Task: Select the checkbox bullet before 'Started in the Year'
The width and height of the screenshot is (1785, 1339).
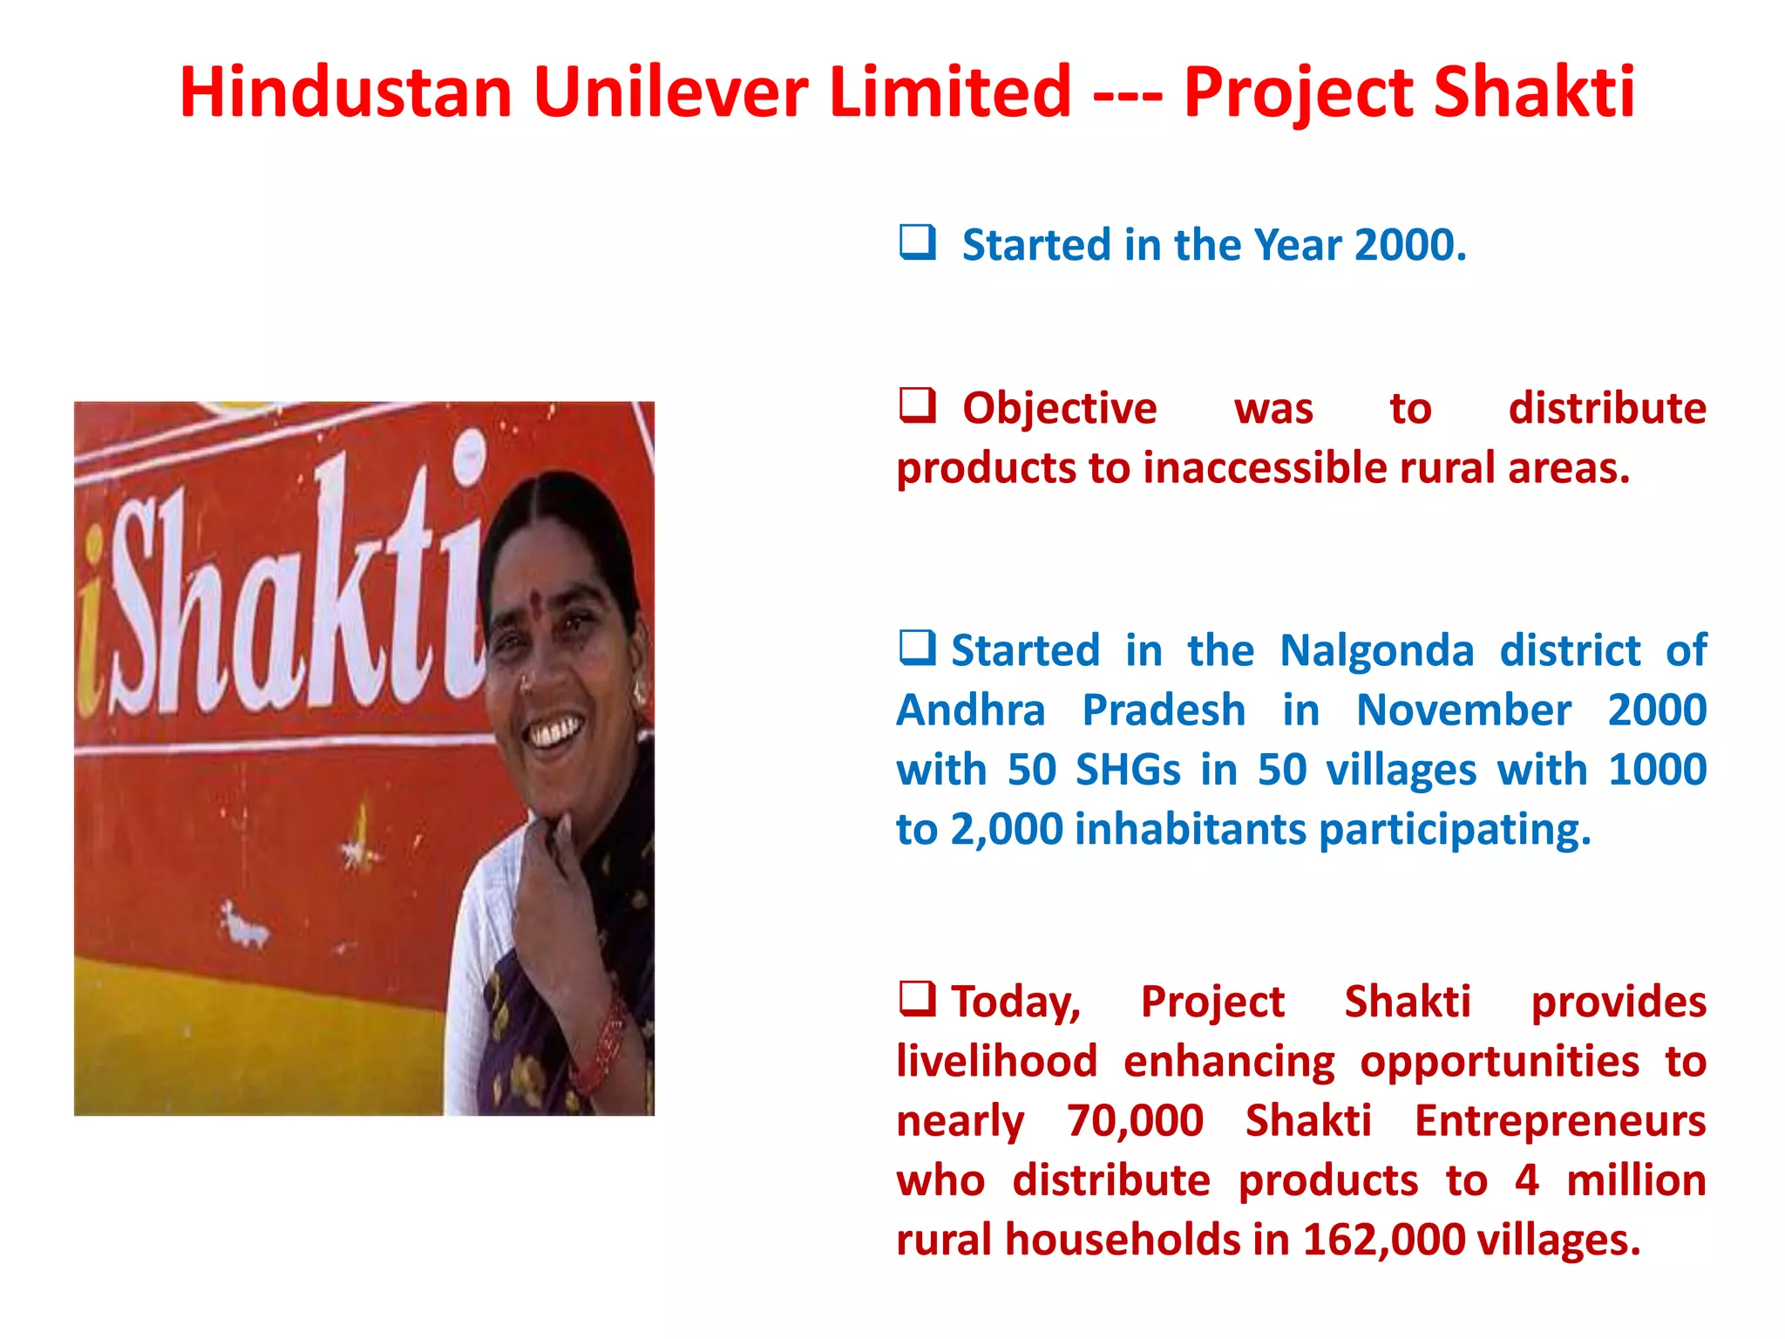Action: pyautogui.click(x=917, y=242)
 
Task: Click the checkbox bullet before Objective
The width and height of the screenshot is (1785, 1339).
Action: pyautogui.click(x=917, y=405)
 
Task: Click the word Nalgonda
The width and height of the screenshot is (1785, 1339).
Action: pyautogui.click(x=1376, y=650)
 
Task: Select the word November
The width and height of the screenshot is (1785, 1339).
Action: pyautogui.click(x=1463, y=710)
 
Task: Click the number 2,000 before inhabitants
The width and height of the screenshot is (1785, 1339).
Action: pyautogui.click(x=1006, y=829)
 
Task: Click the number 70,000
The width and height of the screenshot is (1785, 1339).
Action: pyautogui.click(x=1135, y=1121)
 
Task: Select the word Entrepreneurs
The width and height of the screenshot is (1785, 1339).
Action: pyautogui.click(x=1559, y=1121)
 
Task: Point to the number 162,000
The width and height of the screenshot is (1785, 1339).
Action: pyautogui.click(x=1383, y=1240)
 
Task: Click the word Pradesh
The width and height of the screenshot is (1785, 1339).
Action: pyautogui.click(x=1164, y=710)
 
